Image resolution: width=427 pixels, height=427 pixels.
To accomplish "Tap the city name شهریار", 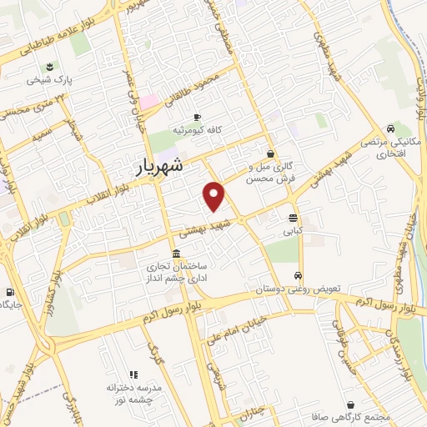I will pos(172,168).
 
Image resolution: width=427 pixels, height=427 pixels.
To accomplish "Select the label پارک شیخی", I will pos(49,81).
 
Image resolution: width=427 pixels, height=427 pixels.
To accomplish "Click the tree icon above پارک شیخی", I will pos(49,68).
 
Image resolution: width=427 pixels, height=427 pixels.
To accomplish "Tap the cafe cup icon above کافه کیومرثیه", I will pos(197,118).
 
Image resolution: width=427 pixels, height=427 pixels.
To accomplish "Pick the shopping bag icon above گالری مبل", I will pos(271,153).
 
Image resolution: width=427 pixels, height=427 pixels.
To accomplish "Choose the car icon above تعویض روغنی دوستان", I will pos(298,276).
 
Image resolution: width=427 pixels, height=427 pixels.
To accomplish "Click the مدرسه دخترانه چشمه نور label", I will pos(133,393).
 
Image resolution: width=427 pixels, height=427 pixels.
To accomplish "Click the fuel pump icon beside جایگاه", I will pos(9,293).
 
